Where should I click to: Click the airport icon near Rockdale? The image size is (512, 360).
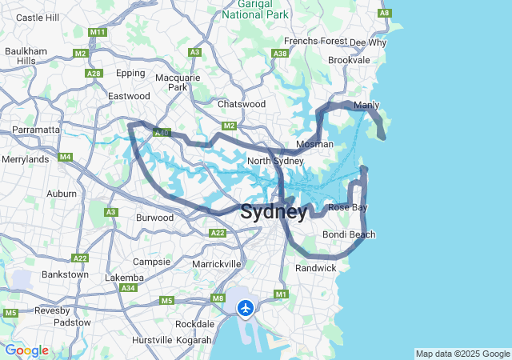coord(245,308)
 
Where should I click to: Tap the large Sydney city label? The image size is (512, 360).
coord(273,212)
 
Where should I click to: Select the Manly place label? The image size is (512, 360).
coord(366,105)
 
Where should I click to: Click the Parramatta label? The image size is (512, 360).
coord(35,129)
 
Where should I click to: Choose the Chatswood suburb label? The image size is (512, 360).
coord(242,104)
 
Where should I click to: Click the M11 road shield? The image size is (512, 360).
coord(98,32)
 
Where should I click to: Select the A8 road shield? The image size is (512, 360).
coord(386,14)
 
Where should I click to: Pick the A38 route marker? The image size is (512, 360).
coord(280,54)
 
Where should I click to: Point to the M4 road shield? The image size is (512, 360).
coord(65,157)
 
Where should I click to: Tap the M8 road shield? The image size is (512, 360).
coord(218,298)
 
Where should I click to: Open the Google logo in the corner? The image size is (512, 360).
coord(26,350)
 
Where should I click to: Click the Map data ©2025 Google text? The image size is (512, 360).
coord(462,354)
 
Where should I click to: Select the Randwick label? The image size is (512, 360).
coord(316,268)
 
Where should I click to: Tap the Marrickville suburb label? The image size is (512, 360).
coord(217,263)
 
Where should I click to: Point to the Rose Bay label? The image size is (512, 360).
coord(348,207)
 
